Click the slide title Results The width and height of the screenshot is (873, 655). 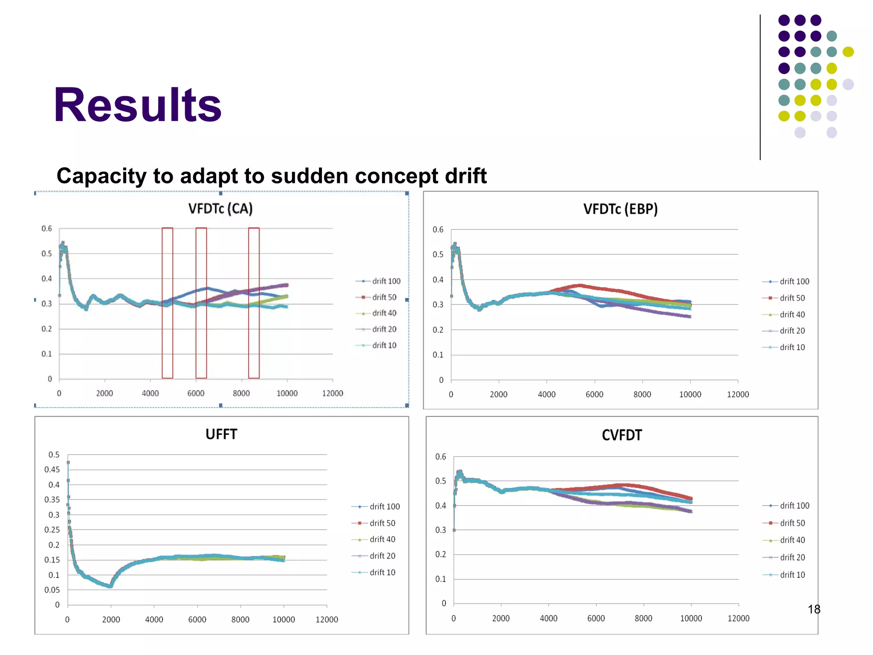(137, 105)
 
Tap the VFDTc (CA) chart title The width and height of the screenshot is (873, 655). (220, 209)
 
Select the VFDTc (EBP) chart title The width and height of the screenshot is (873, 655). (620, 209)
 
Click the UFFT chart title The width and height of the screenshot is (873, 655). (221, 434)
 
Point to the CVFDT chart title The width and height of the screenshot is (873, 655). (622, 435)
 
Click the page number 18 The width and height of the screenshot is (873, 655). (814, 609)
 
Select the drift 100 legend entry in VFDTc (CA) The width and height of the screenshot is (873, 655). (379, 281)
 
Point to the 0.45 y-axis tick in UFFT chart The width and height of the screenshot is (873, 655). (52, 470)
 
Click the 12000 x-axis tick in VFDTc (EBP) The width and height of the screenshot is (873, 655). (737, 394)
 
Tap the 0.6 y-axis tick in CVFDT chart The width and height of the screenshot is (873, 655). (440, 457)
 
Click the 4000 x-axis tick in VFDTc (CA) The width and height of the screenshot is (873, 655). (150, 393)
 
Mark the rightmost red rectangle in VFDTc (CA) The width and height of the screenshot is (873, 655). (254, 303)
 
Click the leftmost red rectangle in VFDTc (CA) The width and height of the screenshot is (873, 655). (167, 303)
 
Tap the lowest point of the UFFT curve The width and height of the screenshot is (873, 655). (110, 586)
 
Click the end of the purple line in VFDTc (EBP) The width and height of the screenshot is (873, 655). (690, 316)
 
